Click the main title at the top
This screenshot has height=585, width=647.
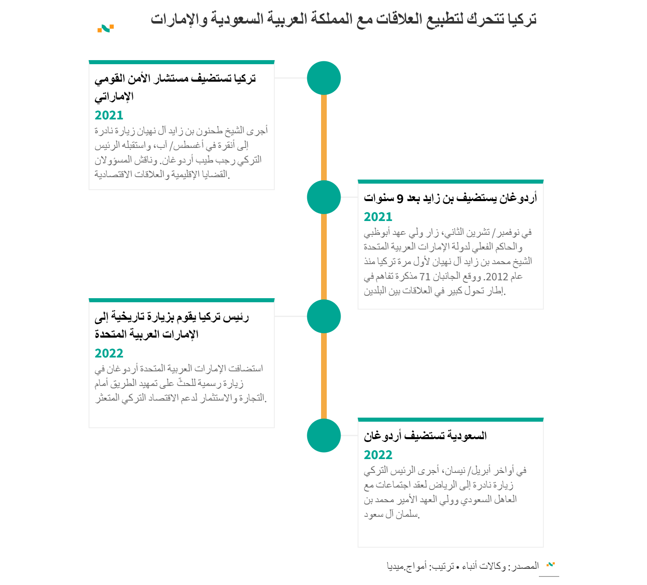343,19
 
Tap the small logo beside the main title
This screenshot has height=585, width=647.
105,28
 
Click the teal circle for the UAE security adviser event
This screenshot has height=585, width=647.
323,78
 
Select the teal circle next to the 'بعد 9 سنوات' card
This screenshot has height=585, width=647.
323,197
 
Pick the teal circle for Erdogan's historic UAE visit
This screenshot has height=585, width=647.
323,316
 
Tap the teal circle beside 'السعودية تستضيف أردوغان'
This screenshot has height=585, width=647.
323,435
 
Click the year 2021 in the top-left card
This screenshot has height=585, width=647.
109,115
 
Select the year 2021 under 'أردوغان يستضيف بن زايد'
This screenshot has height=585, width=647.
378,217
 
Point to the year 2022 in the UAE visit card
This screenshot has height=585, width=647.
109,353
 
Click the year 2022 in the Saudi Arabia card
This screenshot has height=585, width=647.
378,455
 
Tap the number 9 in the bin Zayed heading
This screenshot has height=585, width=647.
400,198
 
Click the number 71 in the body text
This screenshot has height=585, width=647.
425,277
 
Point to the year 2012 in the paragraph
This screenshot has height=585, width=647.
497,277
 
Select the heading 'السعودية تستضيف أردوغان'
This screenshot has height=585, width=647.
425,436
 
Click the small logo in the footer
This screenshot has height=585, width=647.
551,564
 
